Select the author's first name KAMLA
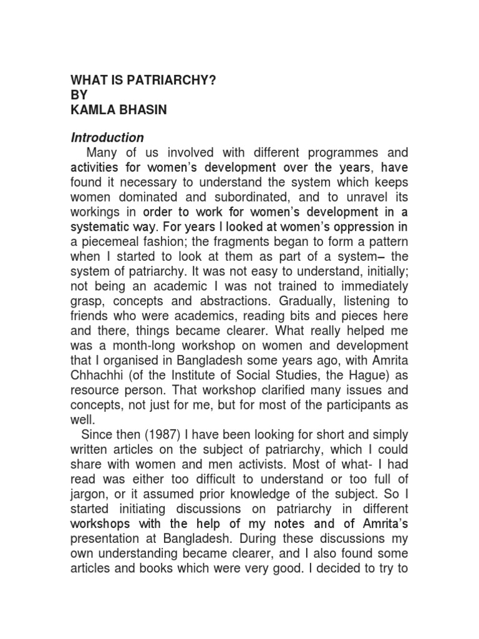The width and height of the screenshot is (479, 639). (x=94, y=109)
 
